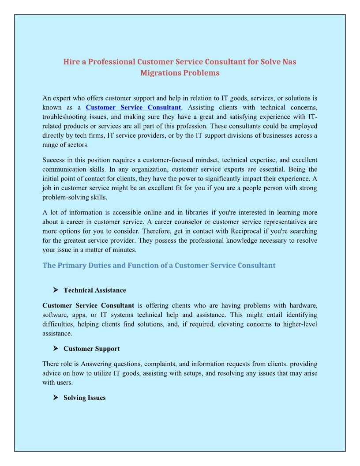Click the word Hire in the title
pos(72,62)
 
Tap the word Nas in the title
pos(289,62)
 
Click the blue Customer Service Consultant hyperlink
pos(133,108)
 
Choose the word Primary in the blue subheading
pos(71,265)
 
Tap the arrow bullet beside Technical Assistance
pos(56,290)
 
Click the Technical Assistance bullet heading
pos(95,290)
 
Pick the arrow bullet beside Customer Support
pos(56,348)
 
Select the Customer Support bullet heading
pos(92,349)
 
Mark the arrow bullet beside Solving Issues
pos(56,397)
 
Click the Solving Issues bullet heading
pos(85,398)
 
